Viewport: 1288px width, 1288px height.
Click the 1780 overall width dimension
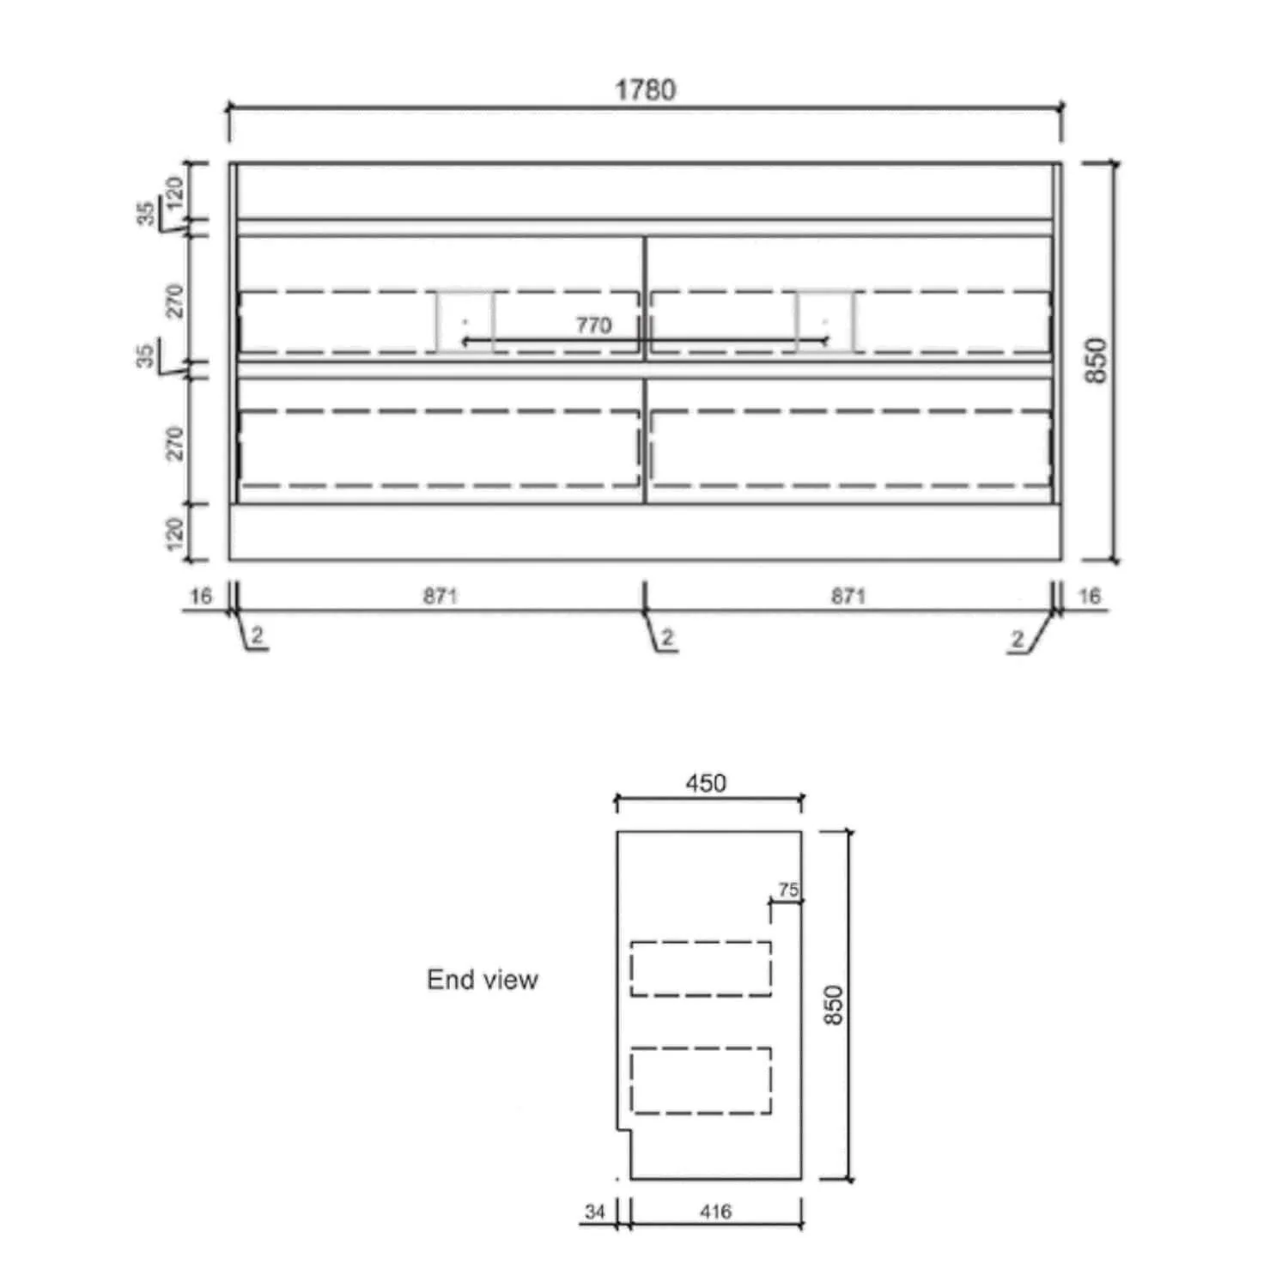coord(645,90)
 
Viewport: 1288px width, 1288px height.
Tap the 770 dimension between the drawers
coord(593,325)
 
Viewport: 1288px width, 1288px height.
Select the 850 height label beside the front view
coord(1097,361)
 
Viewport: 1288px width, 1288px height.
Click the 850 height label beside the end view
coord(833,1005)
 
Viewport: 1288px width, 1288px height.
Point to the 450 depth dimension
coord(706,783)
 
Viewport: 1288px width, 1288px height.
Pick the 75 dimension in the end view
coord(788,890)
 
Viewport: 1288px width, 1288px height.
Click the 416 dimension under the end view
coord(715,1212)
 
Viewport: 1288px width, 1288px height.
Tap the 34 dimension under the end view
coord(595,1212)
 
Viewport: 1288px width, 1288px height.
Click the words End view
coord(483,980)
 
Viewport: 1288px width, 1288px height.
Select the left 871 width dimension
coord(440,596)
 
